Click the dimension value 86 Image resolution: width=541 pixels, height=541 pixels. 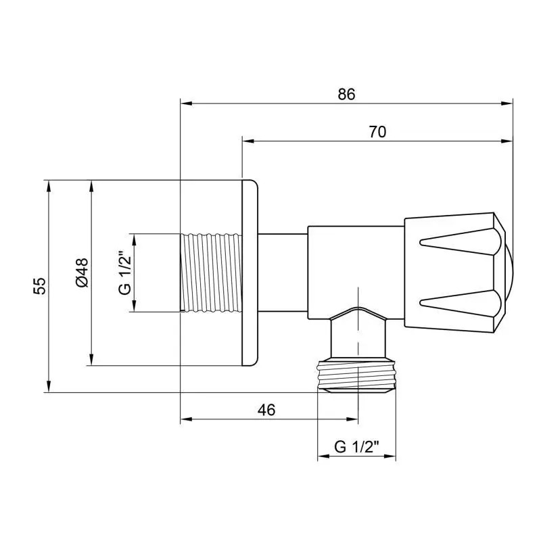[346, 95]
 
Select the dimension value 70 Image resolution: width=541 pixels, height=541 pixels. [377, 133]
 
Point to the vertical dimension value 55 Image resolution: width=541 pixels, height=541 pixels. [40, 285]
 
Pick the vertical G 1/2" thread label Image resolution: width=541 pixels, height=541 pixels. [124, 273]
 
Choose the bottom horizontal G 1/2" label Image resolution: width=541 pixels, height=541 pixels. [356, 446]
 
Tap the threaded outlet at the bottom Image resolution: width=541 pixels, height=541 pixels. [356, 376]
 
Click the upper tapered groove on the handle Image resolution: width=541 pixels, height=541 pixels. [460, 241]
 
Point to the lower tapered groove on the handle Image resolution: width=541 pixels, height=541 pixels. [460, 302]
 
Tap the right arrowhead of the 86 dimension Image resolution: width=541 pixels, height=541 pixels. [509, 103]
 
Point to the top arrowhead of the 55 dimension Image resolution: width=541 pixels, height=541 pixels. [49, 185]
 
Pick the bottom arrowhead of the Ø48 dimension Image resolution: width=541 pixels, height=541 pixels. [91, 361]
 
